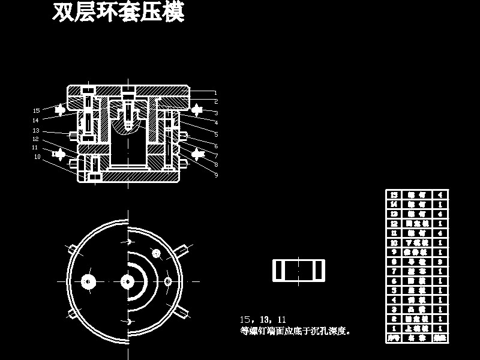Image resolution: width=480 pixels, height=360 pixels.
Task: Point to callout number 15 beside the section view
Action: pyautogui.click(x=37, y=110)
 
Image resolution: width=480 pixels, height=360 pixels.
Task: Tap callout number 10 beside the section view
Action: pyautogui.click(x=37, y=157)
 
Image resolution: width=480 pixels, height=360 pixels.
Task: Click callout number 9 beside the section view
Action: pyautogui.click(x=216, y=175)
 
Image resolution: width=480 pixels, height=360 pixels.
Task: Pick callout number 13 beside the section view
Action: pyautogui.click(x=36, y=130)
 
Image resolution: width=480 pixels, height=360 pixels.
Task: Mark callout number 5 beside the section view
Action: pyautogui.click(x=216, y=134)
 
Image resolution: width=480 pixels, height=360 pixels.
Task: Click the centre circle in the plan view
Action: pyautogui.click(x=127, y=281)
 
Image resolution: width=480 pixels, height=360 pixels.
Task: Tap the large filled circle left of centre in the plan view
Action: pyautogui.click(x=89, y=281)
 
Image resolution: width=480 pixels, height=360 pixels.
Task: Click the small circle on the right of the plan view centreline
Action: pyautogui.click(x=167, y=281)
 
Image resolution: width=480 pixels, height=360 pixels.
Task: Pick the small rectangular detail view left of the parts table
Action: pyautogui.click(x=298, y=270)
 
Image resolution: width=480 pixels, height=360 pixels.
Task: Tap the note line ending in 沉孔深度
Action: pyautogui.click(x=295, y=331)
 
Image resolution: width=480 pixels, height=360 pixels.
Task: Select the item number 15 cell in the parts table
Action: pyautogui.click(x=394, y=195)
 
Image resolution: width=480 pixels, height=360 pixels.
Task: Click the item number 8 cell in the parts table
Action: pyautogui.click(x=394, y=262)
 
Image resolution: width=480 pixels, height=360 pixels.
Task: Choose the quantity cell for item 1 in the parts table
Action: pyautogui.click(x=440, y=329)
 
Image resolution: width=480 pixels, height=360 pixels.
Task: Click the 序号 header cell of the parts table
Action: pyautogui.click(x=394, y=338)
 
